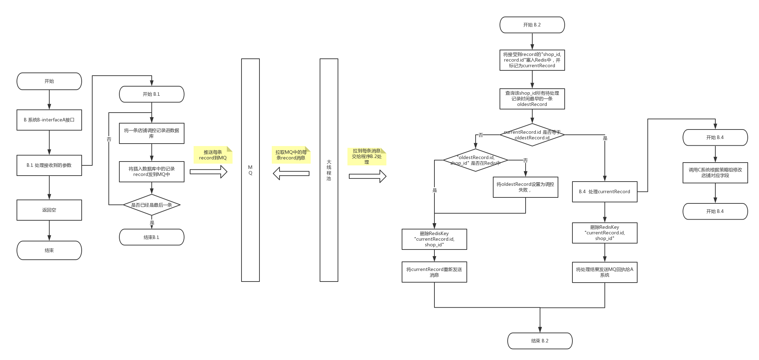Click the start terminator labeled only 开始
pos(49,81)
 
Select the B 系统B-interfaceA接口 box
pos(49,120)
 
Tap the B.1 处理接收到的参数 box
pos(49,165)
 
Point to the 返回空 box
pos(49,210)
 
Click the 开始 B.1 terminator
pos(151,94)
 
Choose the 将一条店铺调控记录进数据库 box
pos(151,133)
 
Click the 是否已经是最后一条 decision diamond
pos(151,205)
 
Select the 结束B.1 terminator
pos(151,238)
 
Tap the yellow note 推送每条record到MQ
pos(213,155)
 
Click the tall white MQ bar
pos(250,170)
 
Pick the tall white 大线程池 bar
pos(329,170)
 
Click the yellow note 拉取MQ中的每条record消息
pos(291,155)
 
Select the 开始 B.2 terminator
pos(532,25)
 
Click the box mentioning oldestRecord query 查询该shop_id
pos(532,99)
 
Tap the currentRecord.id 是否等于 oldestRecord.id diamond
pos(532,135)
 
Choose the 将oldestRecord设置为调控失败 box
pos(525,187)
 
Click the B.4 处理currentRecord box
pos(604,192)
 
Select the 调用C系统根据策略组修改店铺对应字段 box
pos(715,172)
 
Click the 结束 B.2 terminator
pos(540,341)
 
